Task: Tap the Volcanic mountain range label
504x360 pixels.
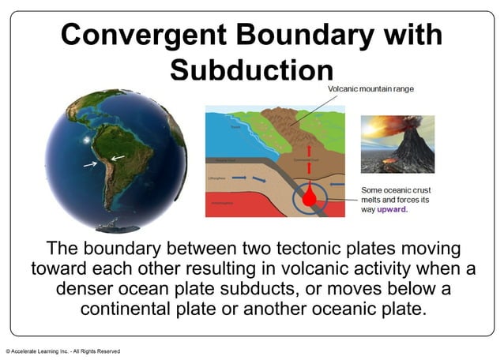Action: pos(370,89)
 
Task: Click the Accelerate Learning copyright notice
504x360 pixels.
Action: pos(63,351)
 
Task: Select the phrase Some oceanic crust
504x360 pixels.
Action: pos(395,190)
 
